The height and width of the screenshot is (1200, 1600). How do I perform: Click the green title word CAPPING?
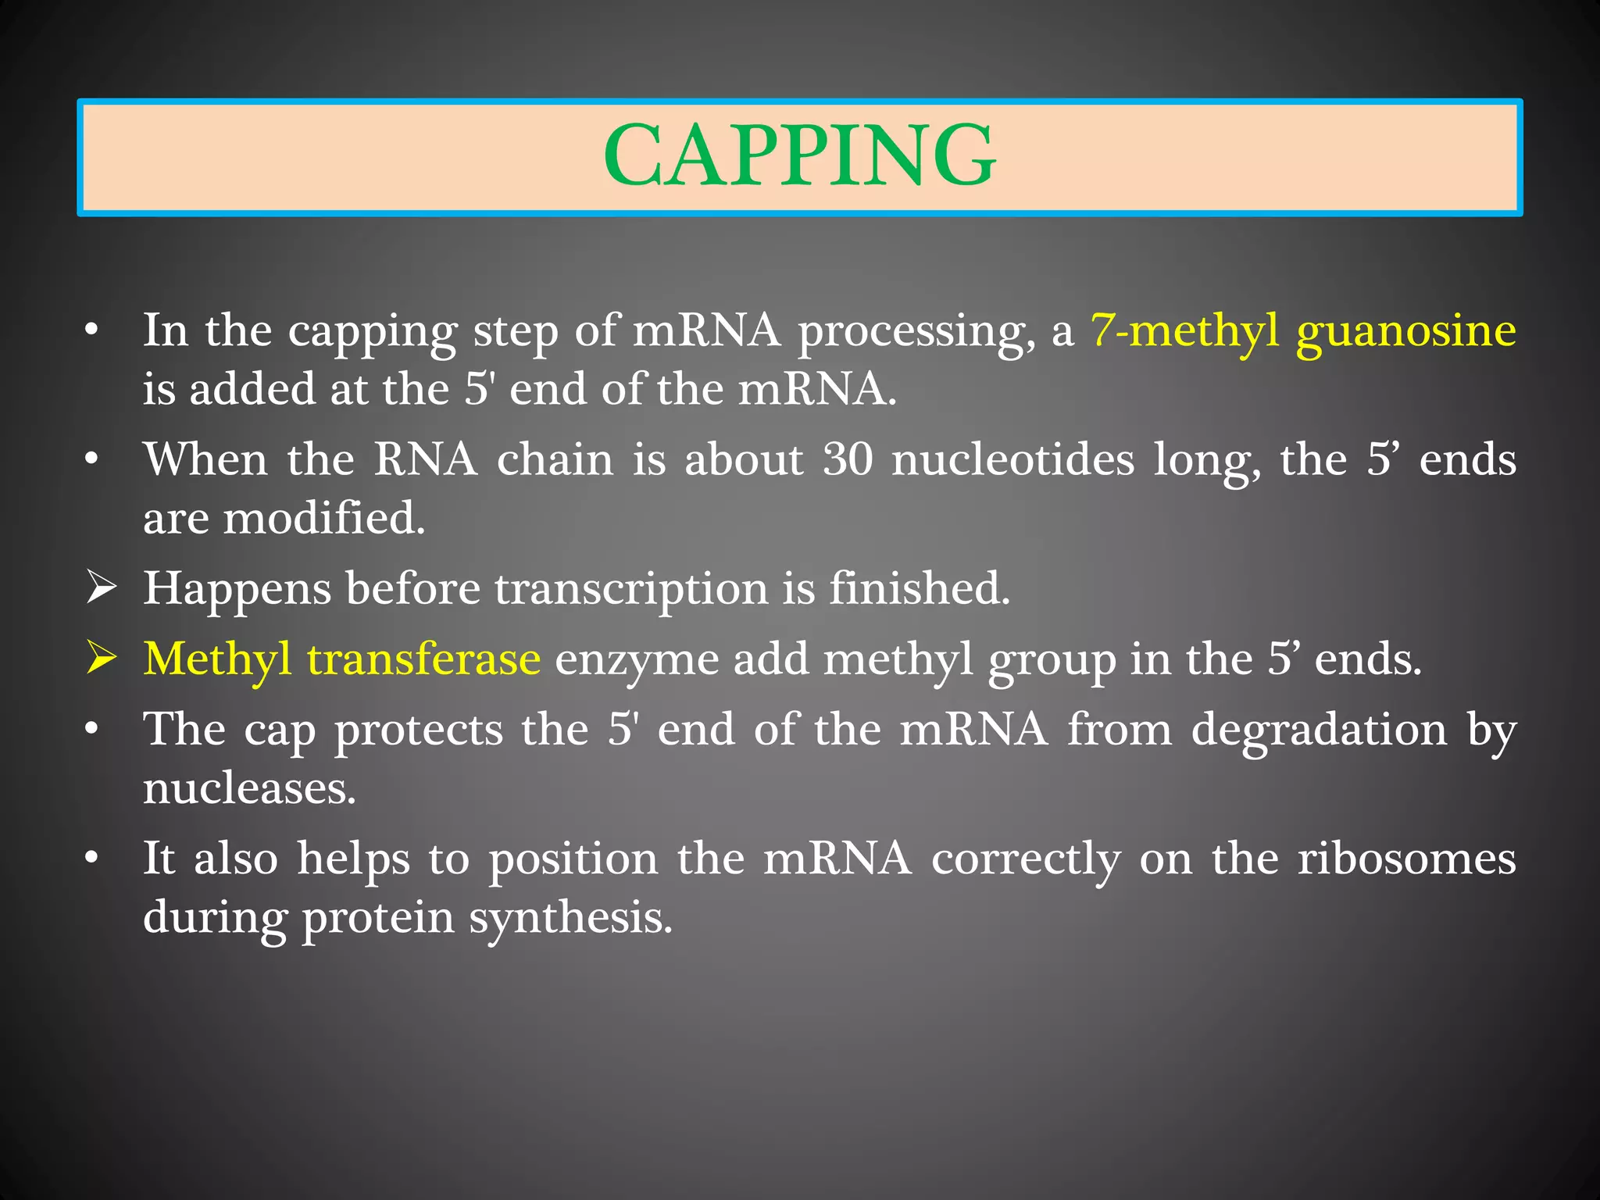coord(799,156)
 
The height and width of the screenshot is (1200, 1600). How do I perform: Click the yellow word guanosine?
coord(1405,330)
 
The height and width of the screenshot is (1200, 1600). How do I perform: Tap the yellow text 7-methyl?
coord(1184,330)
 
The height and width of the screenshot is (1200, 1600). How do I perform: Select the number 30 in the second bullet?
coord(848,459)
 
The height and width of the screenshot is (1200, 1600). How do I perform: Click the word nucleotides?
coord(1012,459)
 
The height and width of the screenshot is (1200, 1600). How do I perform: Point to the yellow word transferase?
coord(423,659)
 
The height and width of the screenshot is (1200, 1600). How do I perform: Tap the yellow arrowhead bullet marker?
coord(102,658)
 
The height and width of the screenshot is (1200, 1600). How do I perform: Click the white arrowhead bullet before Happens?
coord(102,587)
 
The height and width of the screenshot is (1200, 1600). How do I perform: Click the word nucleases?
coord(249,788)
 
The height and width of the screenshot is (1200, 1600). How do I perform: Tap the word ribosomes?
coord(1406,859)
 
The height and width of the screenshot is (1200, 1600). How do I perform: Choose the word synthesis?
coord(570,918)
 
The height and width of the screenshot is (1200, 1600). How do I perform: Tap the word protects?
coord(419,731)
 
